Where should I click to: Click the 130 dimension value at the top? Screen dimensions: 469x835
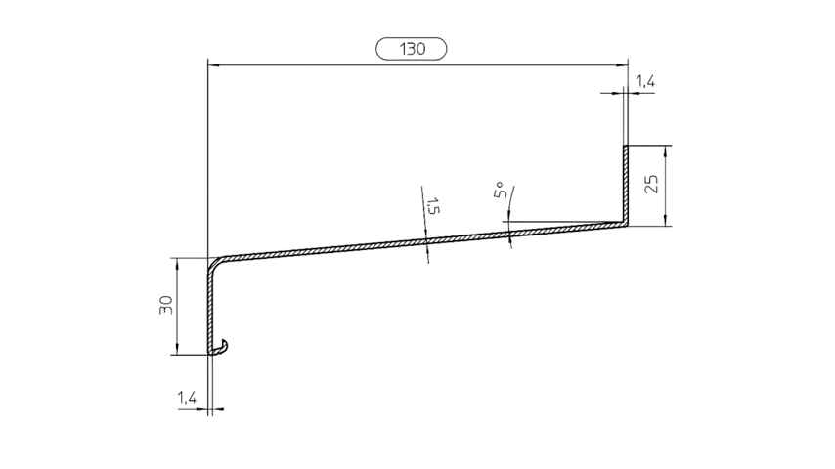pyautogui.click(x=411, y=48)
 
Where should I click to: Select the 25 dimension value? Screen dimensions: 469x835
pyautogui.click(x=651, y=185)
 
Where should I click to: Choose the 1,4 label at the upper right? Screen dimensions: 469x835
pyautogui.click(x=644, y=84)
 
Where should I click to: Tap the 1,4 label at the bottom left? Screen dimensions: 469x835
pyautogui.click(x=186, y=398)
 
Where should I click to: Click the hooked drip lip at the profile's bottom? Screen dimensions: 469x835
pyautogui.click(x=224, y=347)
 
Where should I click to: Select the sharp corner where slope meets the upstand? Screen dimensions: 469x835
pyautogui.click(x=626, y=225)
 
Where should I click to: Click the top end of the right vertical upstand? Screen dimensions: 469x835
pyautogui.click(x=626, y=147)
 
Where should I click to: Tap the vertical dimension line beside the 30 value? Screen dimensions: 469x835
pyautogui.click(x=177, y=322)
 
